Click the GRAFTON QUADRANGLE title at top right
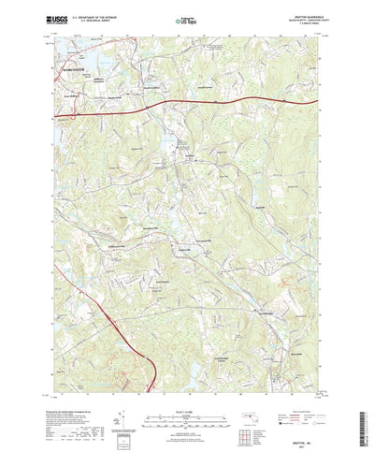pyautogui.click(x=305, y=13)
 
